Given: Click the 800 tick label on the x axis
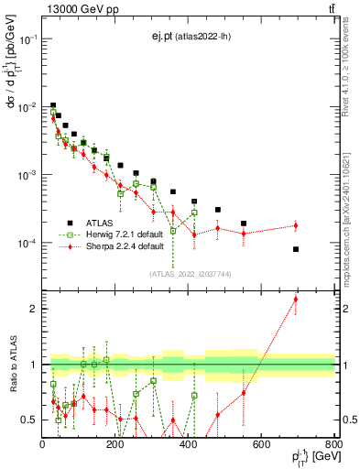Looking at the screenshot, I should tap(333, 445).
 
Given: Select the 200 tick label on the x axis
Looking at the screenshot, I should tap(115, 445).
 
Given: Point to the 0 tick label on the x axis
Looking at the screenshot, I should tap(43, 445).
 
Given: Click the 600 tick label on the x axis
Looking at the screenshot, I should tap(261, 445).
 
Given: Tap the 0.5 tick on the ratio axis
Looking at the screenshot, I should tap(29, 420).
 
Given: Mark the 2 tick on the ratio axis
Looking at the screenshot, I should tap(34, 309).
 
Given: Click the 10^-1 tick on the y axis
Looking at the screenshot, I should tap(27, 39).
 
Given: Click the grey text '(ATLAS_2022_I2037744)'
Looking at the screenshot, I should tap(189, 273).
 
